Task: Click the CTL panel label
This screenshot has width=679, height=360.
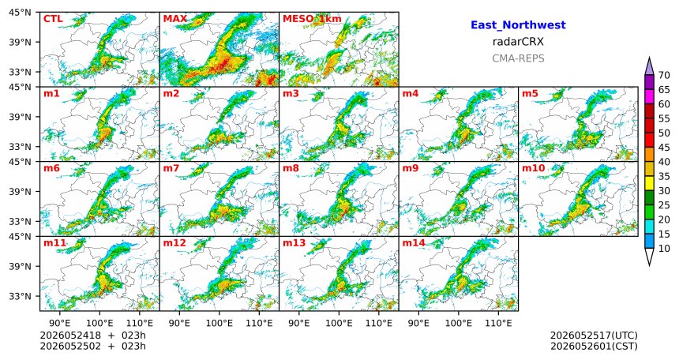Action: tap(53, 19)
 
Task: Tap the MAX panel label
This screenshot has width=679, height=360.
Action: tap(175, 19)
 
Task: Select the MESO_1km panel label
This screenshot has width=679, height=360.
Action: tap(312, 19)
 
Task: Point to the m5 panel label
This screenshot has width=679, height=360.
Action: tap(530, 94)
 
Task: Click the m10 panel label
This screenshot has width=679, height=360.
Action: tap(533, 168)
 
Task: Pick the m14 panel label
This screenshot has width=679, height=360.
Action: tap(414, 243)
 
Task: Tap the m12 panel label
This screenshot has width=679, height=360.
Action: tap(174, 243)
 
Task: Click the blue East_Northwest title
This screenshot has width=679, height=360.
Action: tap(518, 25)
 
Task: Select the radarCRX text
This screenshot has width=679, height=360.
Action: tap(518, 42)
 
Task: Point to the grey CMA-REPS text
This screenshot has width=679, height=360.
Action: tap(518, 58)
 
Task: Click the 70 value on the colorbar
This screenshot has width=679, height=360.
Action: tap(664, 75)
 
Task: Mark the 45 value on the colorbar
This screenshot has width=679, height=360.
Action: tap(664, 148)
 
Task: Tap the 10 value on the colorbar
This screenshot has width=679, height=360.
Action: tap(664, 249)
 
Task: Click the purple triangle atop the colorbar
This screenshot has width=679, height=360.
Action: tap(649, 66)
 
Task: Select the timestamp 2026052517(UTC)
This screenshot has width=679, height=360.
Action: tap(594, 336)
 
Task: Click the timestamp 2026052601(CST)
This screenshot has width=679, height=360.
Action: tap(594, 347)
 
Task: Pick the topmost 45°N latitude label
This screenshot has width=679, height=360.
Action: tap(20, 13)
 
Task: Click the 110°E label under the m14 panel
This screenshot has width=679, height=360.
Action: tap(498, 323)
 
